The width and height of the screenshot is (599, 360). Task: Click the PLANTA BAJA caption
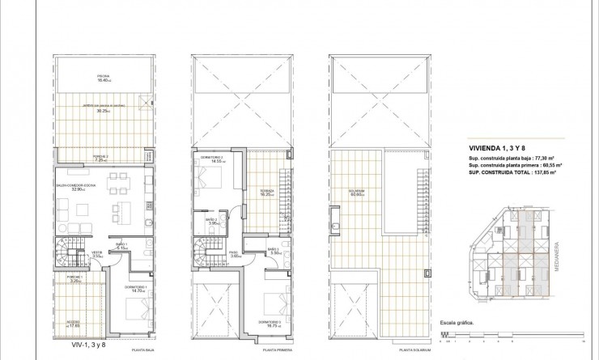pyautogui.click(x=145, y=350)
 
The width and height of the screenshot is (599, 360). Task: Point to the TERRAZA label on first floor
pyautogui.click(x=262, y=193)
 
